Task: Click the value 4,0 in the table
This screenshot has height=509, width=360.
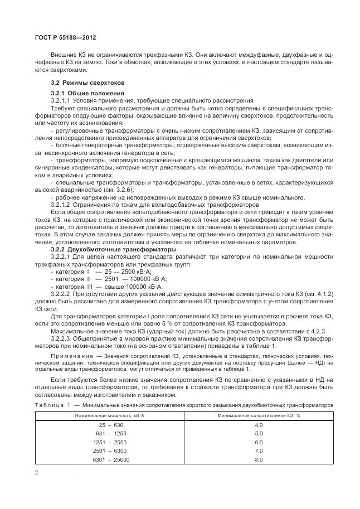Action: click(x=258, y=426)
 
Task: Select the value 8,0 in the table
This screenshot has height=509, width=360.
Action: click(x=258, y=459)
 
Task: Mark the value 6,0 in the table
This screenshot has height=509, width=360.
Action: click(x=258, y=443)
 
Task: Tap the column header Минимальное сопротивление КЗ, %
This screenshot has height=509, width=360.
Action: click(x=258, y=416)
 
